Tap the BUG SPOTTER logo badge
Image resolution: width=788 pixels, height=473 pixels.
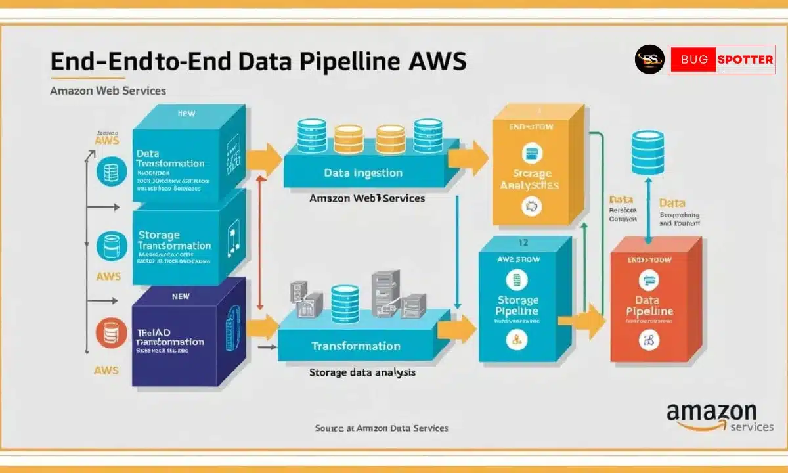(x=722, y=60)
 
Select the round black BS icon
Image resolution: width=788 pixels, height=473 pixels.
(x=649, y=60)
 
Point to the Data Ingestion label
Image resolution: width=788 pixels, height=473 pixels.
(x=363, y=173)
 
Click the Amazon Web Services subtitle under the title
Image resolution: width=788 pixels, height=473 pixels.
(x=108, y=91)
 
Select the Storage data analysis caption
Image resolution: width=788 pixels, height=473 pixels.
(x=362, y=372)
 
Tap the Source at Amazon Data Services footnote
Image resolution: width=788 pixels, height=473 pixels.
(x=382, y=428)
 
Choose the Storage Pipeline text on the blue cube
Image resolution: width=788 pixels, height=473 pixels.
(x=517, y=305)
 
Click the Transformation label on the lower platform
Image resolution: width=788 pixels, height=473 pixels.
(x=355, y=346)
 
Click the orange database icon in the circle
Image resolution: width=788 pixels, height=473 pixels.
(x=108, y=332)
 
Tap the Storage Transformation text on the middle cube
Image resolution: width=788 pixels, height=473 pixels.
(x=174, y=240)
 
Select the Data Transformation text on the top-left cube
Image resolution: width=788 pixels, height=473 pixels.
(x=170, y=158)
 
